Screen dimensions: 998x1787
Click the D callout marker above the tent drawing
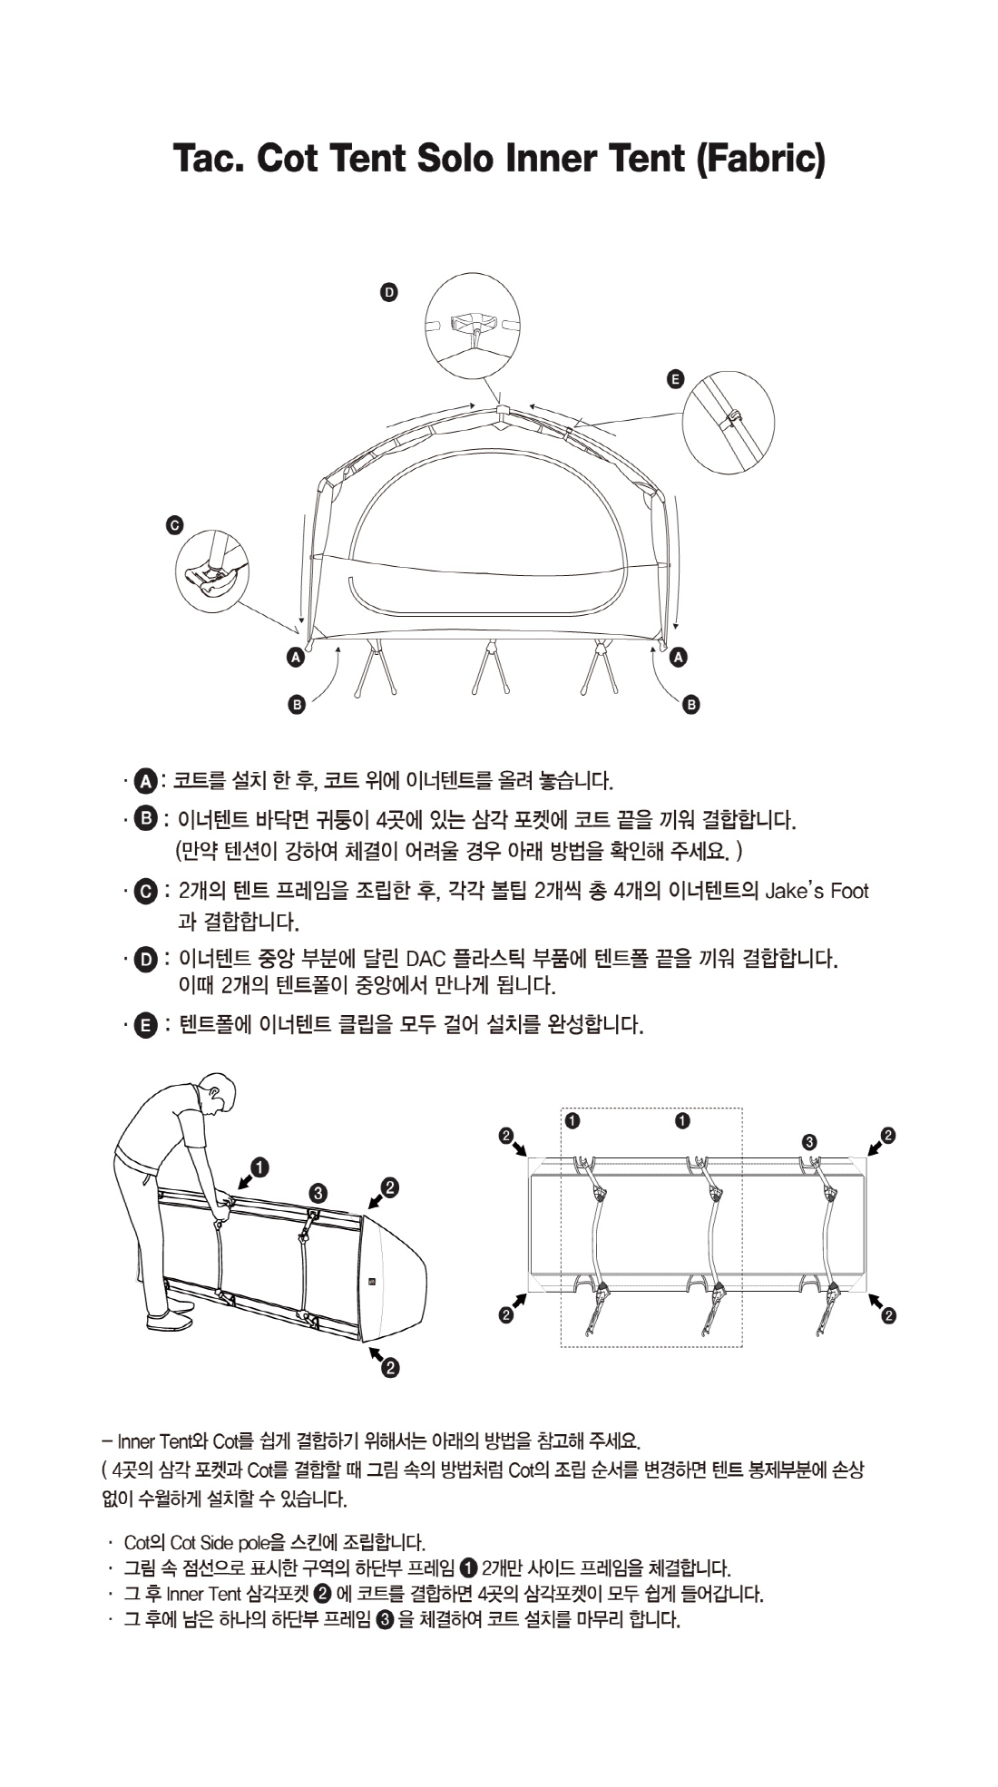click(388, 292)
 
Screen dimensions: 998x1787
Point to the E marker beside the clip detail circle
click(674, 379)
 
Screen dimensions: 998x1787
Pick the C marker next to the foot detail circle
click(175, 525)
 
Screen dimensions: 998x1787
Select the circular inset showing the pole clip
click(729, 422)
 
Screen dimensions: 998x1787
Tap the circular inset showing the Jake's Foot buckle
click(212, 571)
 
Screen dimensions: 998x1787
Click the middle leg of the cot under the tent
click(489, 667)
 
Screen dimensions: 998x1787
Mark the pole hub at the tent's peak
click(500, 413)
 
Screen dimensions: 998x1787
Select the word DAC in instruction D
click(425, 959)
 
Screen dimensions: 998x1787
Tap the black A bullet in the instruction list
click(144, 780)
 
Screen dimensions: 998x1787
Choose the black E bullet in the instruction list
click(144, 1026)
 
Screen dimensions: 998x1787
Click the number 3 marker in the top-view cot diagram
click(810, 1141)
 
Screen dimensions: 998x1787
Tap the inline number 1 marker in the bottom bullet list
click(469, 1567)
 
